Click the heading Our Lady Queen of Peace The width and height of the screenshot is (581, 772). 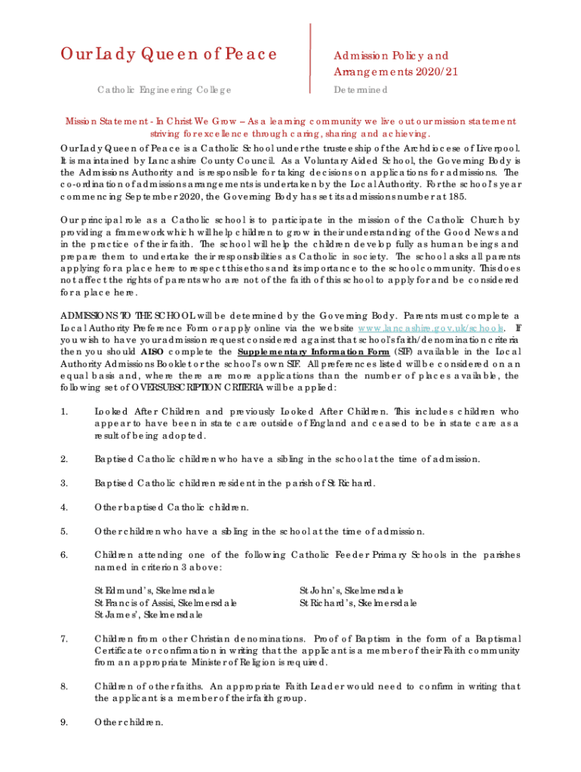pyautogui.click(x=168, y=54)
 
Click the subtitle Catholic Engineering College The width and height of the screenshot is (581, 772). pyautogui.click(x=164, y=90)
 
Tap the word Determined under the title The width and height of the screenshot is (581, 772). pyautogui.click(x=361, y=90)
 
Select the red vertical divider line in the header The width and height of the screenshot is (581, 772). pyautogui.click(x=311, y=57)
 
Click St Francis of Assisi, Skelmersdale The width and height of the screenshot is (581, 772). pyautogui.click(x=165, y=603)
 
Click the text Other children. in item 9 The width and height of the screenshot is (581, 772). pyautogui.click(x=128, y=721)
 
